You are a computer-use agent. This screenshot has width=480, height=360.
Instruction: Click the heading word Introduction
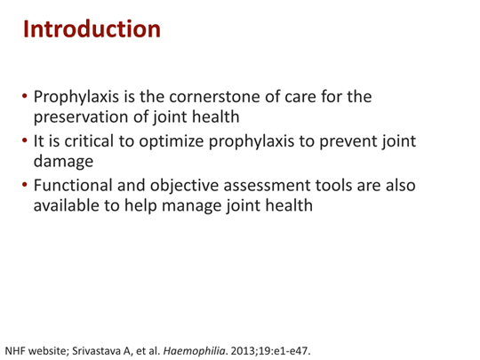(x=92, y=29)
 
